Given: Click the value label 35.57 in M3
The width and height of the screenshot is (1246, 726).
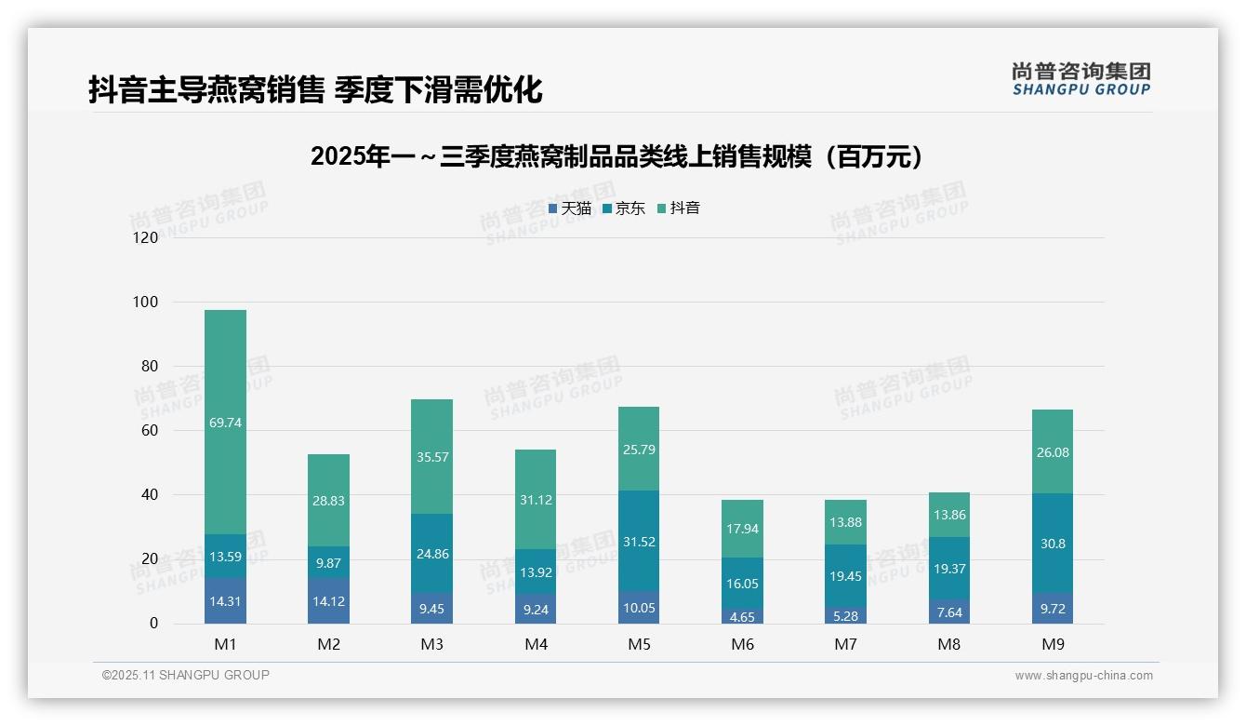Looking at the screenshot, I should tap(432, 431).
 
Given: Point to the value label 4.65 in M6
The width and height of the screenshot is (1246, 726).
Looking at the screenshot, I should tap(742, 617).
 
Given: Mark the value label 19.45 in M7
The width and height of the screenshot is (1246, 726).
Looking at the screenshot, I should tap(845, 577).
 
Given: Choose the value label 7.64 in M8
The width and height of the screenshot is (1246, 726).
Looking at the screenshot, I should tap(948, 612).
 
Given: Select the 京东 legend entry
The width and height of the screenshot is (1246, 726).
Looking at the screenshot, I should tap(624, 208).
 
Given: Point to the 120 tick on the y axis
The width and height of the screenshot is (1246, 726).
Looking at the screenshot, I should tap(146, 238).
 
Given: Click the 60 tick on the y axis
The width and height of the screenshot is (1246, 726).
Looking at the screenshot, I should tap(150, 431).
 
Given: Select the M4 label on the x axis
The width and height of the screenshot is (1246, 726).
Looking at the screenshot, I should tap(536, 644).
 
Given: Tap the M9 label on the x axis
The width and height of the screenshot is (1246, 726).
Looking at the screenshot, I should tap(1052, 644).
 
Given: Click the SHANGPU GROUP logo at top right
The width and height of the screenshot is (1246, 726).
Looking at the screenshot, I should tap(1080, 78).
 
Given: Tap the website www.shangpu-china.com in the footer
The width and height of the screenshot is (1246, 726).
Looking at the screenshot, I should tap(1083, 676).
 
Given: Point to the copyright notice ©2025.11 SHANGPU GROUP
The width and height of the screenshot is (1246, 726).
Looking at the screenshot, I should tap(185, 676).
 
